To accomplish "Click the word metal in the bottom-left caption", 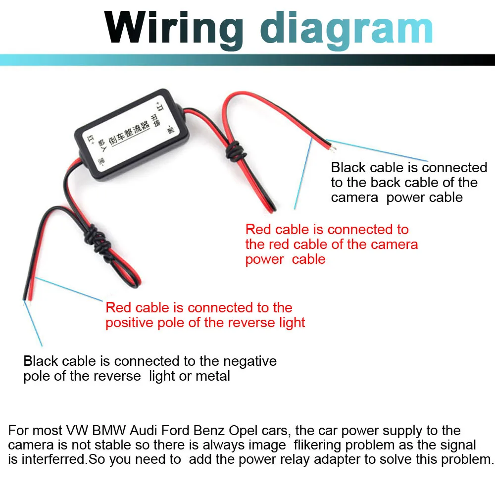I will pos(213,376).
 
